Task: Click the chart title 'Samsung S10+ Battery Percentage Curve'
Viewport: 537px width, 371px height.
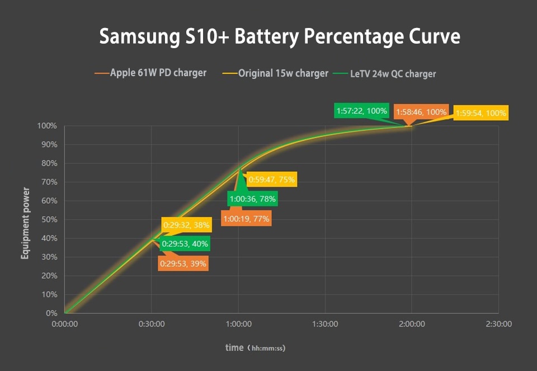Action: [x=280, y=37]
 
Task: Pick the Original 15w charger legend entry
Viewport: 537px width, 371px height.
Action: [x=276, y=73]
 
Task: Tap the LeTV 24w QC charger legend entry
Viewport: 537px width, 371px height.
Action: [x=385, y=73]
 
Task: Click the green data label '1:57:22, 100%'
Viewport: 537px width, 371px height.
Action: [x=361, y=111]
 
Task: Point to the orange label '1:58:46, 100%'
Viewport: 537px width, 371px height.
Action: [x=421, y=112]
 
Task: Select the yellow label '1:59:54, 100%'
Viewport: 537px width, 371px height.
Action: [x=481, y=113]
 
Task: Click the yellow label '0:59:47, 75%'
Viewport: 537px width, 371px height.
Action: [x=271, y=180]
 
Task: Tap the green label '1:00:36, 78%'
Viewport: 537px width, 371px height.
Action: [x=252, y=199]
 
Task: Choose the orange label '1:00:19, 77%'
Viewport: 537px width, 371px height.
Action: [x=246, y=219]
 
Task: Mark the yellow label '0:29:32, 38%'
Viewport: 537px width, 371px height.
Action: [x=186, y=226]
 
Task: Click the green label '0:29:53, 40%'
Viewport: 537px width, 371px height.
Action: [x=185, y=243]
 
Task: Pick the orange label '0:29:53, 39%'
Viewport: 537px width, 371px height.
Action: [x=183, y=263]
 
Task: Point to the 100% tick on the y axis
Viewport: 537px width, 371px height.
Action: [x=46, y=126]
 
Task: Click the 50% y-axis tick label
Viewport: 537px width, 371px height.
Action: [x=48, y=219]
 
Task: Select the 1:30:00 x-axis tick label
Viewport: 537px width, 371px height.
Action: [x=325, y=324]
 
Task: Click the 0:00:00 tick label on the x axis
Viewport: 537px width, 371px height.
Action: [x=65, y=324]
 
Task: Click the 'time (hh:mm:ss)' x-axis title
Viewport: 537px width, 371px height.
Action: [x=255, y=347]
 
